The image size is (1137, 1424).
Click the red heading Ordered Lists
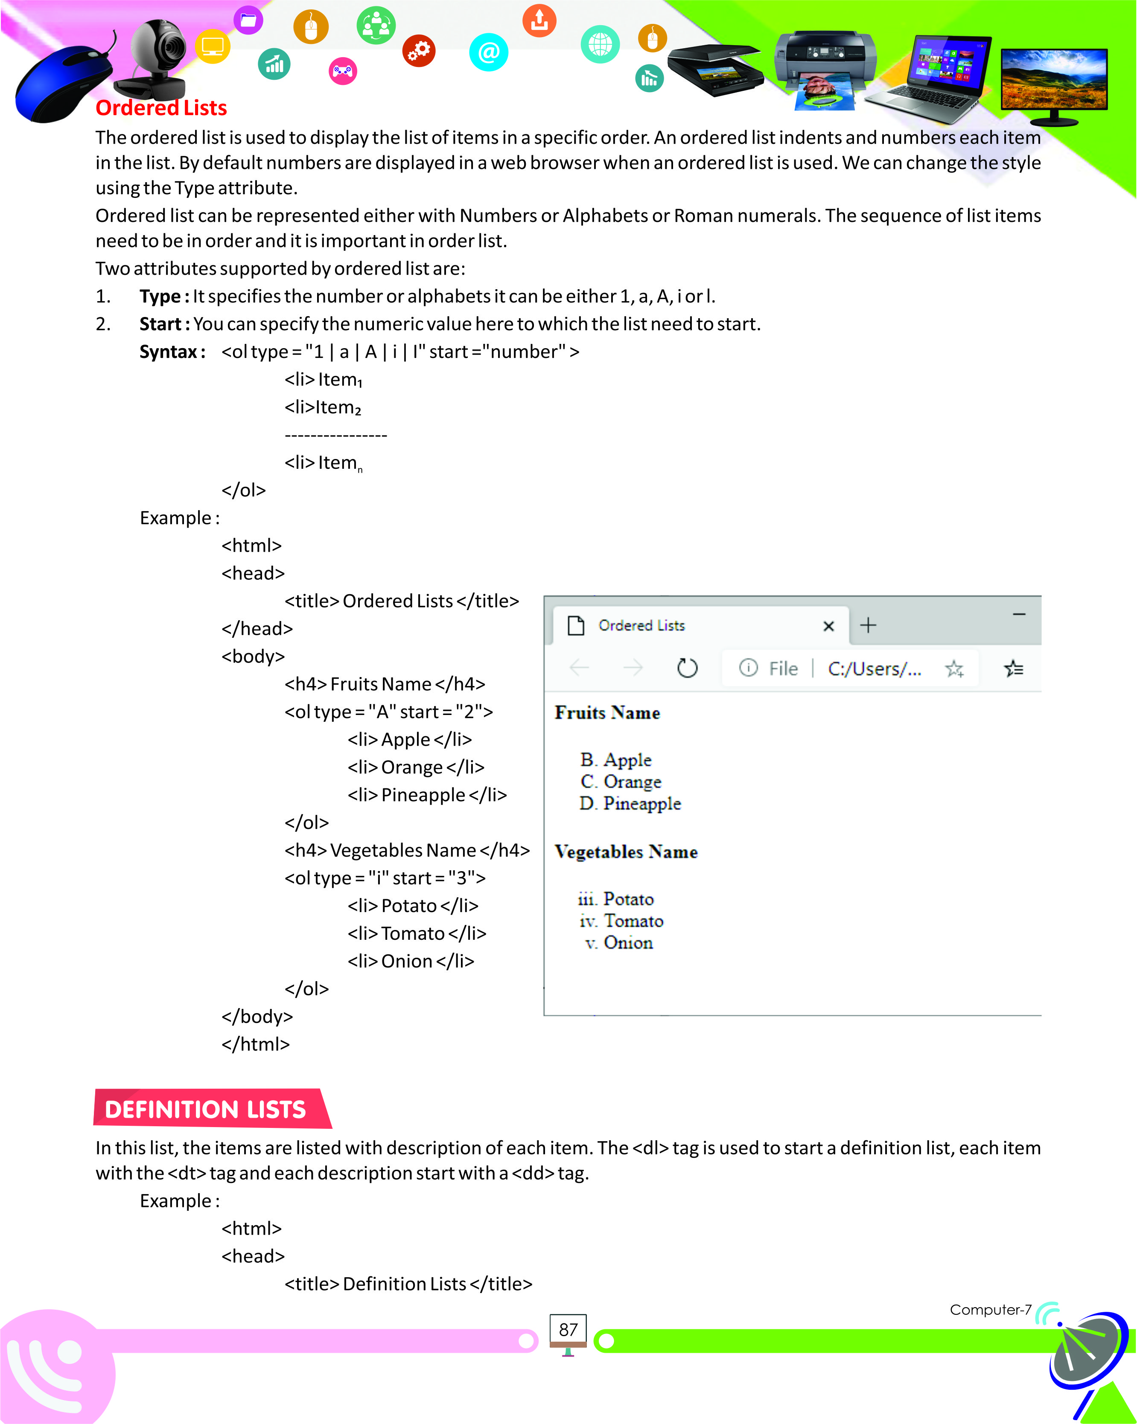coord(161,108)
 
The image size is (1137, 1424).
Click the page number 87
coord(568,1330)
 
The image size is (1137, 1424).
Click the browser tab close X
coord(828,626)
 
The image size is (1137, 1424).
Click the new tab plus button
coord(868,625)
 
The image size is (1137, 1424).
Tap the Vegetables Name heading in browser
coord(626,852)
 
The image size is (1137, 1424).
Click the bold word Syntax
coord(169,352)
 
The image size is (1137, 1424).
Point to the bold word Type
coord(159,296)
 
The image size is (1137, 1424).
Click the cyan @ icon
coord(488,52)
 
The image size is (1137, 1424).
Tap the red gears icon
coord(419,51)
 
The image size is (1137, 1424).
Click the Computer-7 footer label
coord(990,1310)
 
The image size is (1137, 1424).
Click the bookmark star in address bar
coord(954,669)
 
